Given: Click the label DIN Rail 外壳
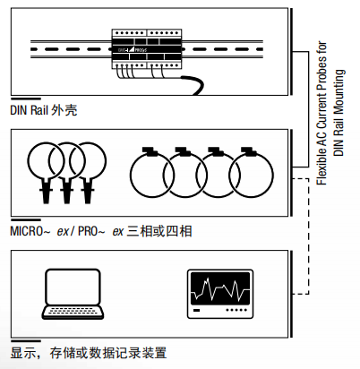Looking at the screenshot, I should pos(44,111).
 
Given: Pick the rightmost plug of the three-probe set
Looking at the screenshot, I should pos(88,189).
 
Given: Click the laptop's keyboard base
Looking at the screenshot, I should pos(73,313).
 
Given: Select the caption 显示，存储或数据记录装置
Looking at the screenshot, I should pos(89,353).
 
